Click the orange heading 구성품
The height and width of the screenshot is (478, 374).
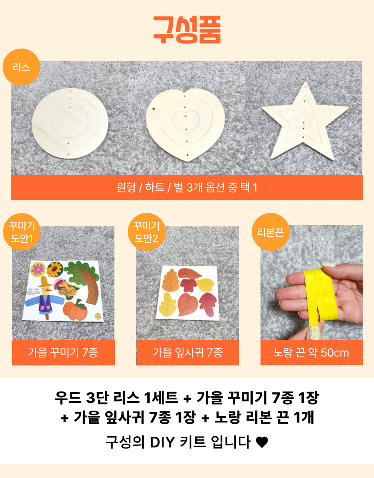(187, 30)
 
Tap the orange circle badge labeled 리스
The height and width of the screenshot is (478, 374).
(21, 67)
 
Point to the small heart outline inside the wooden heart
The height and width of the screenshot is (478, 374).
(185, 120)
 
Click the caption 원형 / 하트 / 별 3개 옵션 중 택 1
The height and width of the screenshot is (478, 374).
(187, 187)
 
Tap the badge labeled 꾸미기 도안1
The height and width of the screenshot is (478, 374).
(22, 232)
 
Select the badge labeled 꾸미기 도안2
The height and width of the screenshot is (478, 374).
(147, 232)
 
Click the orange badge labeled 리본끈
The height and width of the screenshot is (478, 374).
(270, 232)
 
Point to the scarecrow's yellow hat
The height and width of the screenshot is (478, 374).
(45, 282)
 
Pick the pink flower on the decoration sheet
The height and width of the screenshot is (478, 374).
(38, 269)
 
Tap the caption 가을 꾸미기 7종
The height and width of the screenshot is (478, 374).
(63, 352)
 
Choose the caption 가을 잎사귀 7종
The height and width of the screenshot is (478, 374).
(187, 352)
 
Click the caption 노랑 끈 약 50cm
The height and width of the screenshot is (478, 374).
(311, 352)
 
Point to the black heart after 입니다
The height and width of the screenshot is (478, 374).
(262, 442)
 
